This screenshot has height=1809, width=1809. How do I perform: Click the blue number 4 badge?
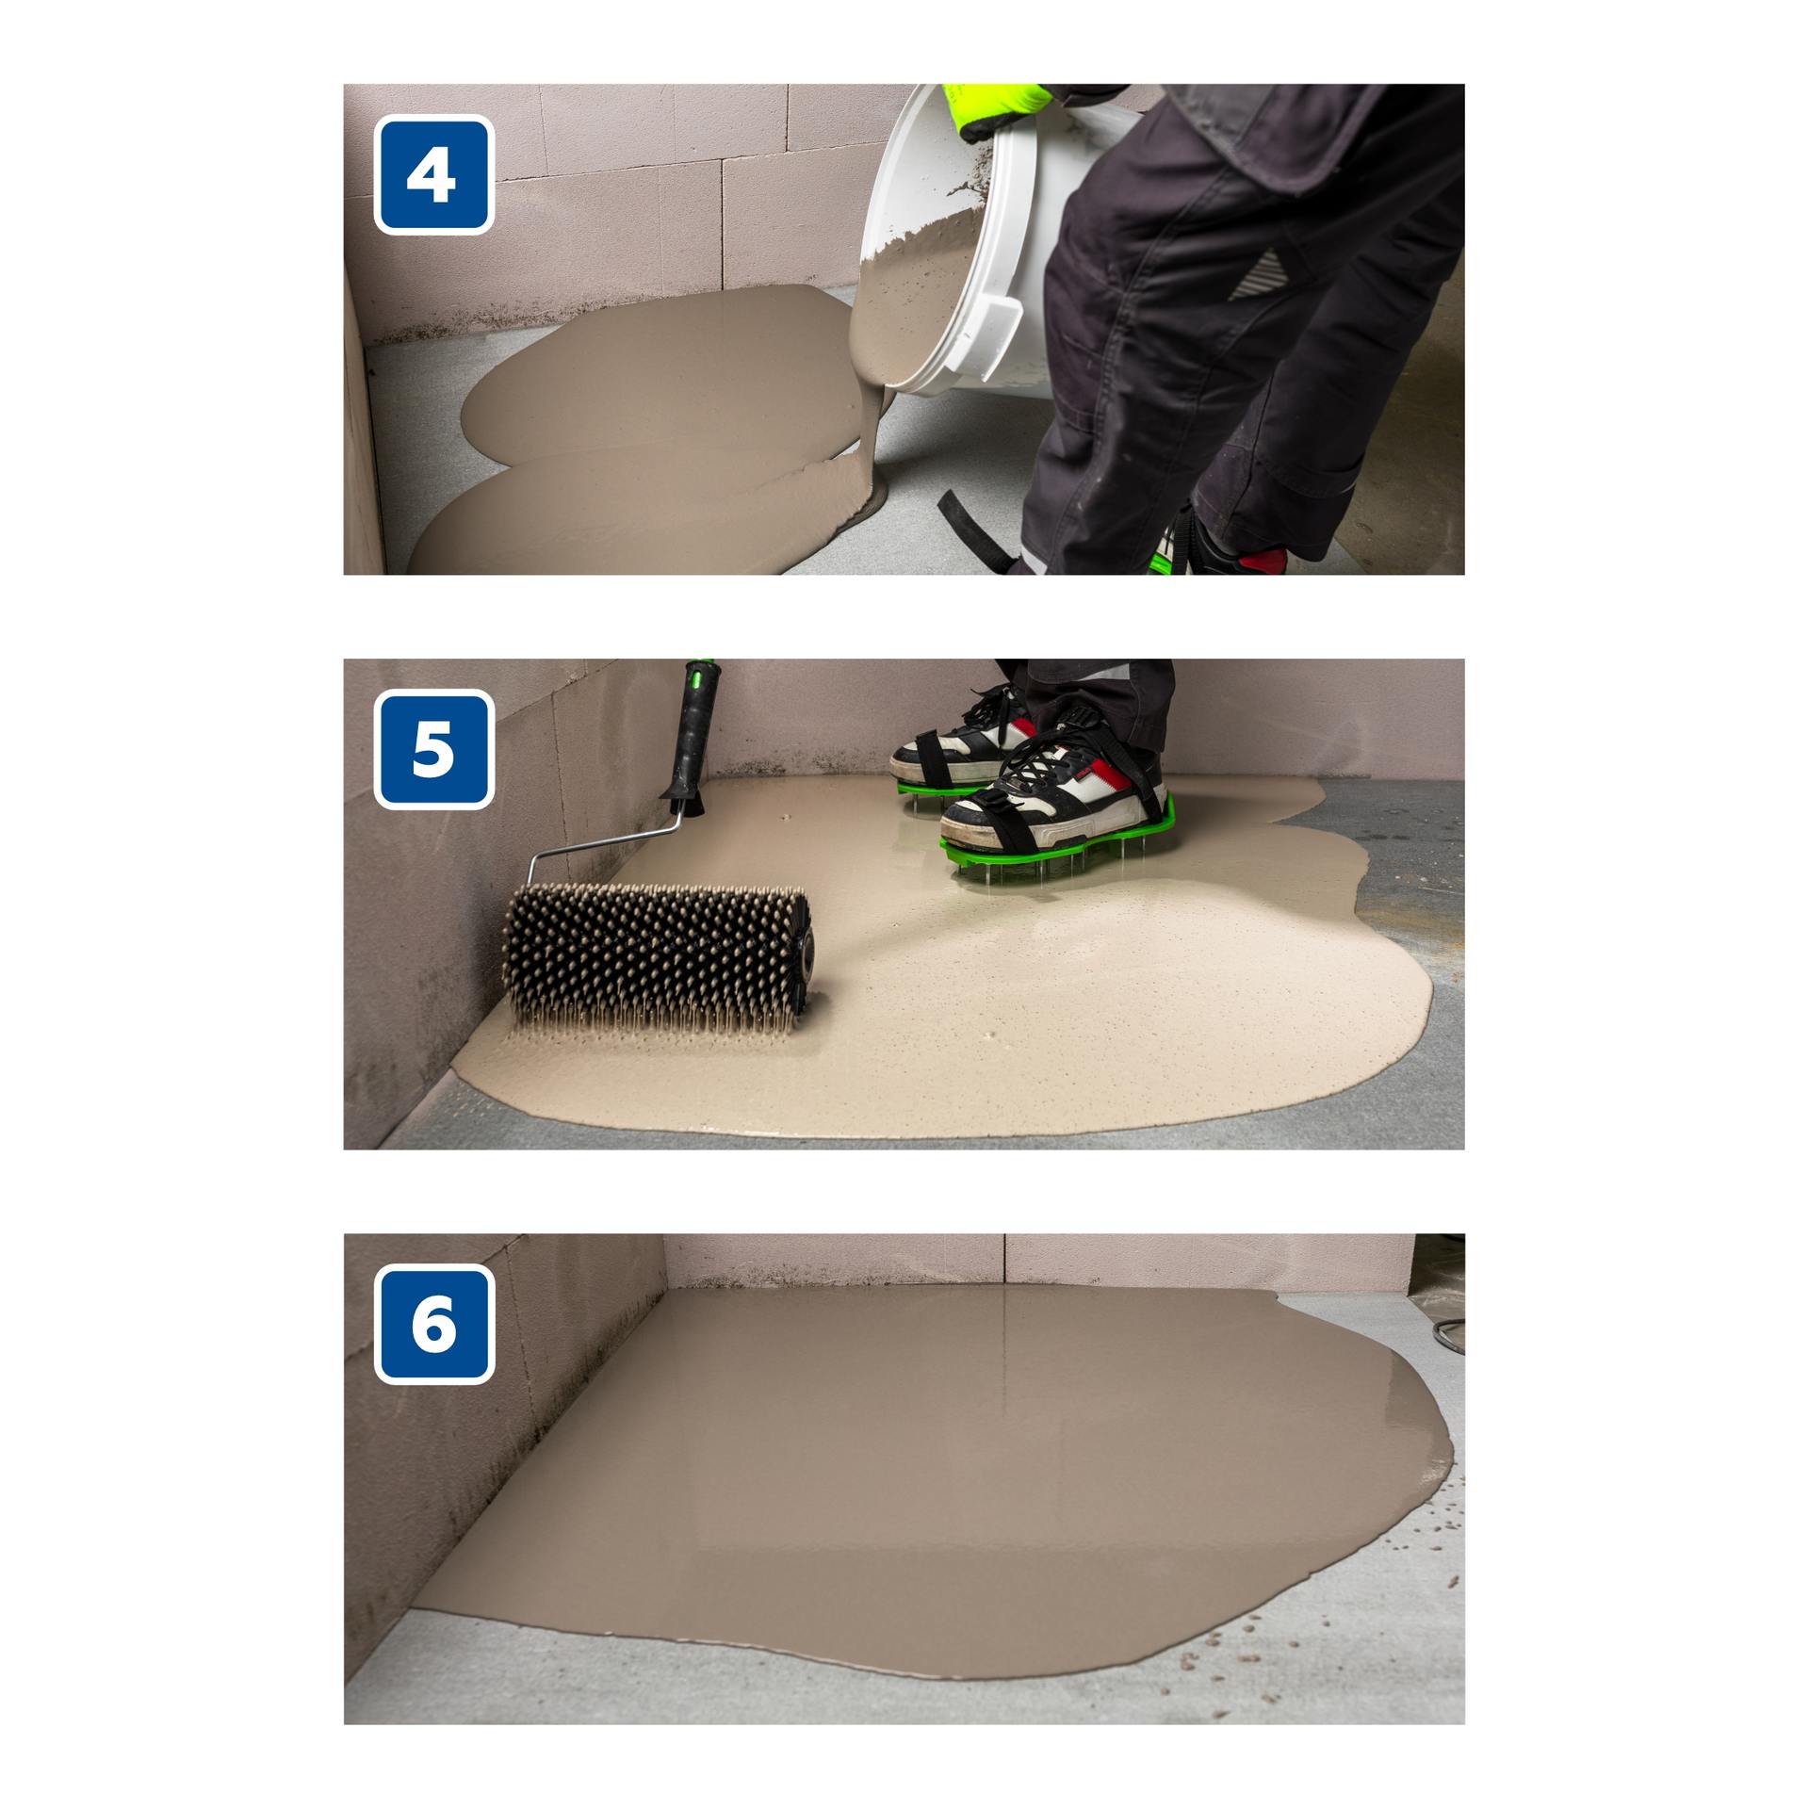click(x=434, y=174)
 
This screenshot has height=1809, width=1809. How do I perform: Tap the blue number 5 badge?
click(x=434, y=749)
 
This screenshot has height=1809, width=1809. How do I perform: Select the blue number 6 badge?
click(x=434, y=1324)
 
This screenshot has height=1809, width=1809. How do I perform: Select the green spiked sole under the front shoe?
click(x=1060, y=843)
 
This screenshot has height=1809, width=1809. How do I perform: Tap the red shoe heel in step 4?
click(x=1263, y=562)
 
